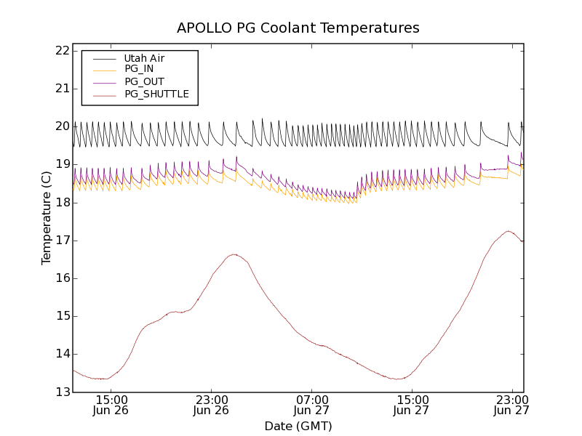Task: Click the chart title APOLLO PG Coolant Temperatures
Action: [298, 28]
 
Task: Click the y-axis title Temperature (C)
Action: [47, 218]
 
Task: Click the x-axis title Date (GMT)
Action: [298, 426]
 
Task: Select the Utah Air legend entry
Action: [143, 58]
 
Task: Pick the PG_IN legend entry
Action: [139, 69]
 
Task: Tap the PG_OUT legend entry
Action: [144, 81]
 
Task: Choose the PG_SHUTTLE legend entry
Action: [156, 94]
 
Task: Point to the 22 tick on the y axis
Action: [61, 51]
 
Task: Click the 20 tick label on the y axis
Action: [61, 126]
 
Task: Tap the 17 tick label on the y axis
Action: [61, 241]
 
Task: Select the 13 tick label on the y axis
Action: [61, 392]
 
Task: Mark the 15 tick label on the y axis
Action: [61, 316]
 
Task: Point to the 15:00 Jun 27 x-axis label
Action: [412, 405]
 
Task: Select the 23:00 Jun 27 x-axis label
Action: [511, 405]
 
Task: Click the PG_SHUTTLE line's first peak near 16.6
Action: [234, 254]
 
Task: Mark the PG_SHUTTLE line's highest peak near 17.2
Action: [508, 231]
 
